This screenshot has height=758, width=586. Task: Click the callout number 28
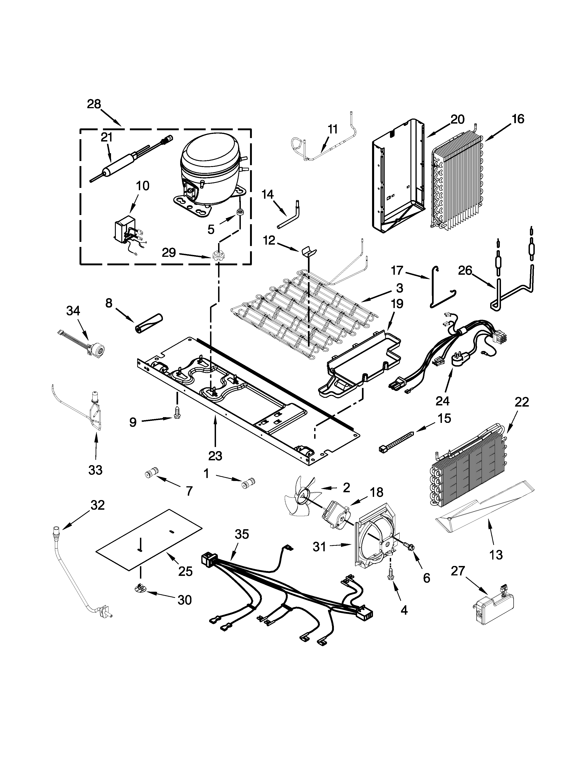click(x=94, y=104)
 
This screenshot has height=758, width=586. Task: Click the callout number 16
click(x=518, y=119)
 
